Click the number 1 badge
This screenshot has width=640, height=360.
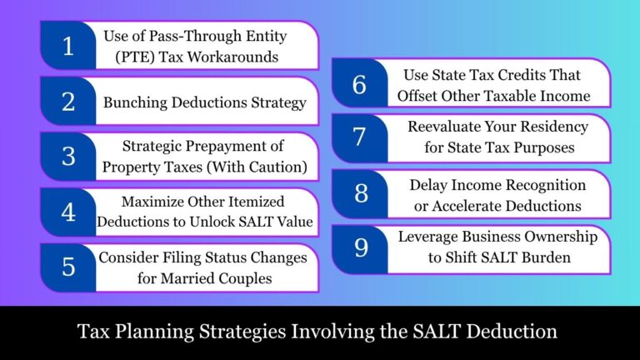(x=67, y=46)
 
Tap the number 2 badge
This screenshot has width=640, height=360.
(x=67, y=102)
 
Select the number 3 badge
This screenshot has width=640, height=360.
(x=67, y=157)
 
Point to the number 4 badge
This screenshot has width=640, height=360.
(x=67, y=212)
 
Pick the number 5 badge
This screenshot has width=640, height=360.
(x=67, y=267)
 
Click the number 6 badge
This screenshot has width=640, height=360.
(x=359, y=83)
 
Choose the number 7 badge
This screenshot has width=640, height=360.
(x=359, y=138)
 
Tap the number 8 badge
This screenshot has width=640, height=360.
(x=359, y=193)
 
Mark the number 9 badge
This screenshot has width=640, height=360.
(x=359, y=248)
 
